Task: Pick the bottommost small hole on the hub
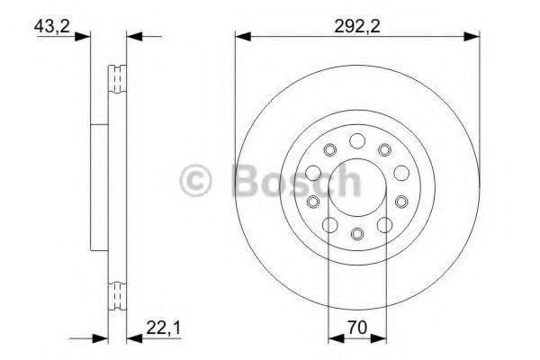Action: pos(356,235)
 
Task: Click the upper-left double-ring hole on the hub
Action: pos(329,149)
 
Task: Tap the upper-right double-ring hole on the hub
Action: pos(384,149)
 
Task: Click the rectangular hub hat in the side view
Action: pos(99,187)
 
